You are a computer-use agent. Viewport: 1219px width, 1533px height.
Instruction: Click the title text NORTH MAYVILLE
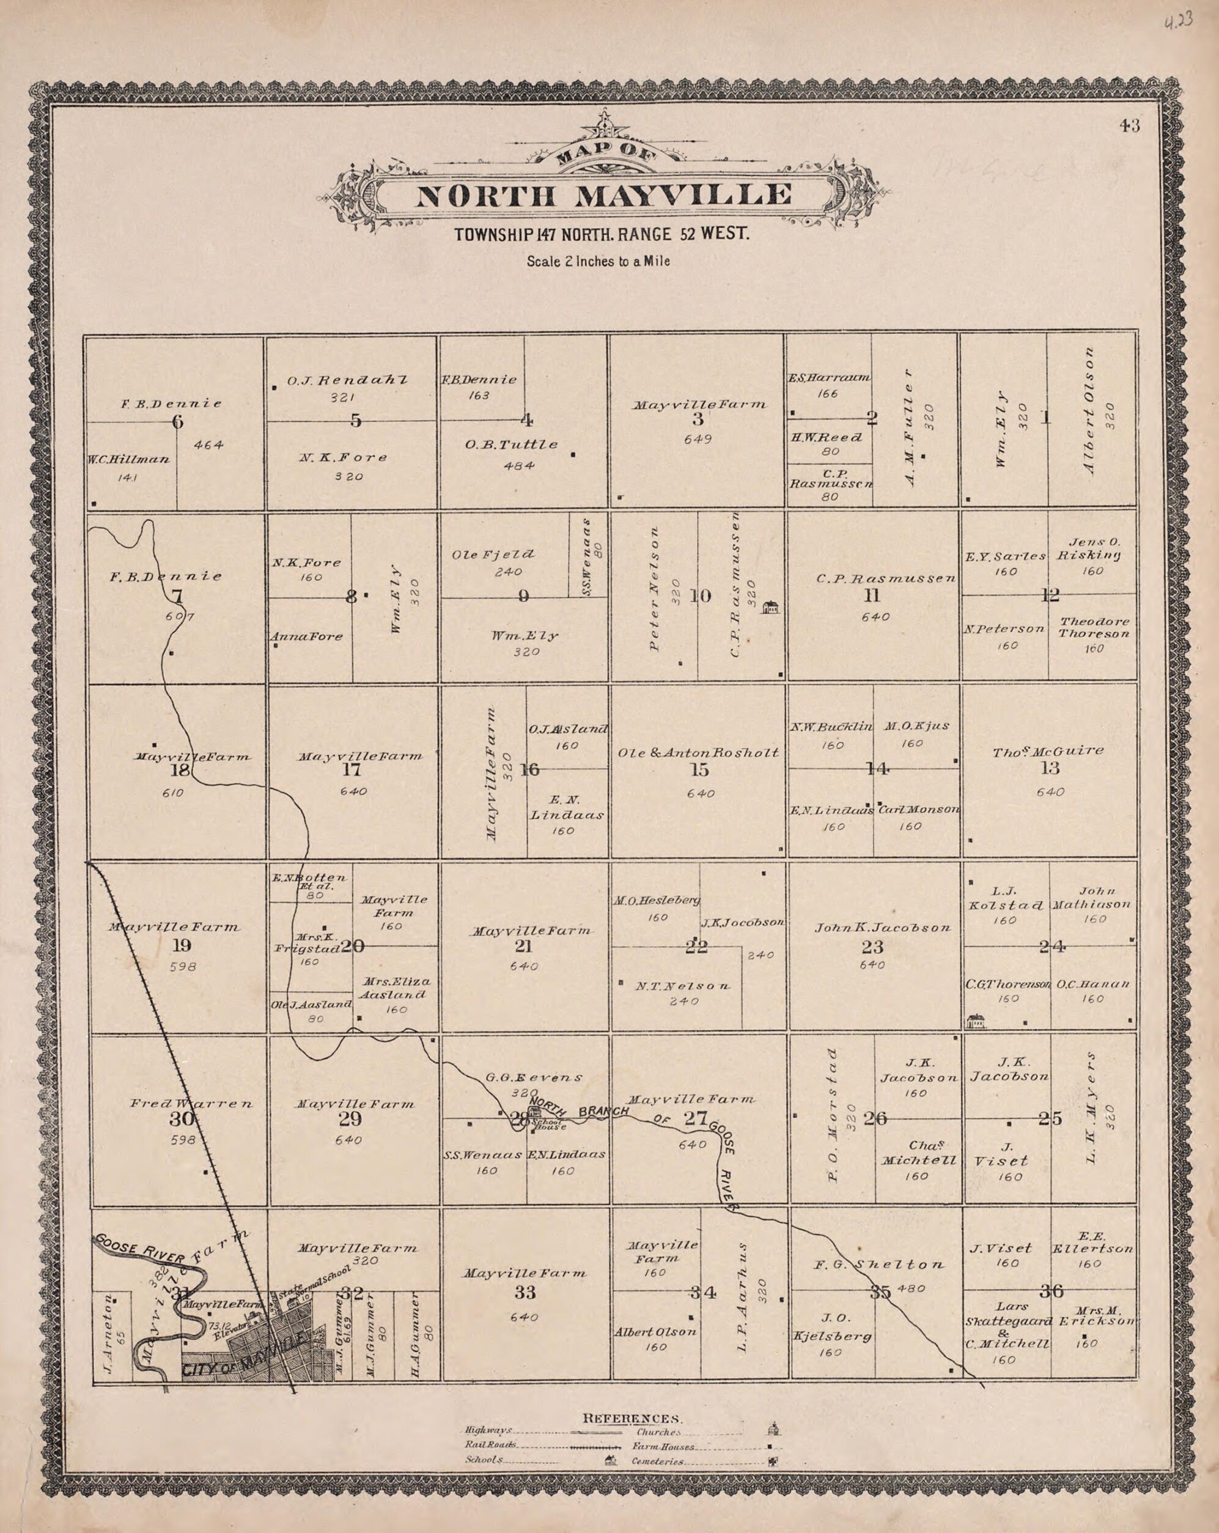(603, 195)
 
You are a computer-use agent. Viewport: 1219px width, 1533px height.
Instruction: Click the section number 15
(699, 769)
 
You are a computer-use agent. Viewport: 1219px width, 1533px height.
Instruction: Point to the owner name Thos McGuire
(1048, 751)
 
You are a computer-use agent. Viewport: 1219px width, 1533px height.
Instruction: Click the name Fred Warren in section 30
(191, 1104)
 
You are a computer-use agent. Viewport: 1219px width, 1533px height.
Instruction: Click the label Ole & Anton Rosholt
(699, 752)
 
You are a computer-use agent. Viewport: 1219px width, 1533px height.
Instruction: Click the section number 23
(872, 947)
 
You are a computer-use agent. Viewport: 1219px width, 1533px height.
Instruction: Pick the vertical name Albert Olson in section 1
(1088, 412)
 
